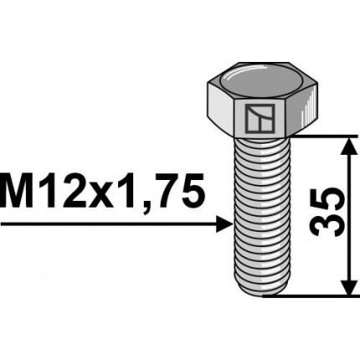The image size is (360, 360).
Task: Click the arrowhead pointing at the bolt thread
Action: pos(224,224)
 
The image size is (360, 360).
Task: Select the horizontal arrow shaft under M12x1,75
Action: pos(109,224)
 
